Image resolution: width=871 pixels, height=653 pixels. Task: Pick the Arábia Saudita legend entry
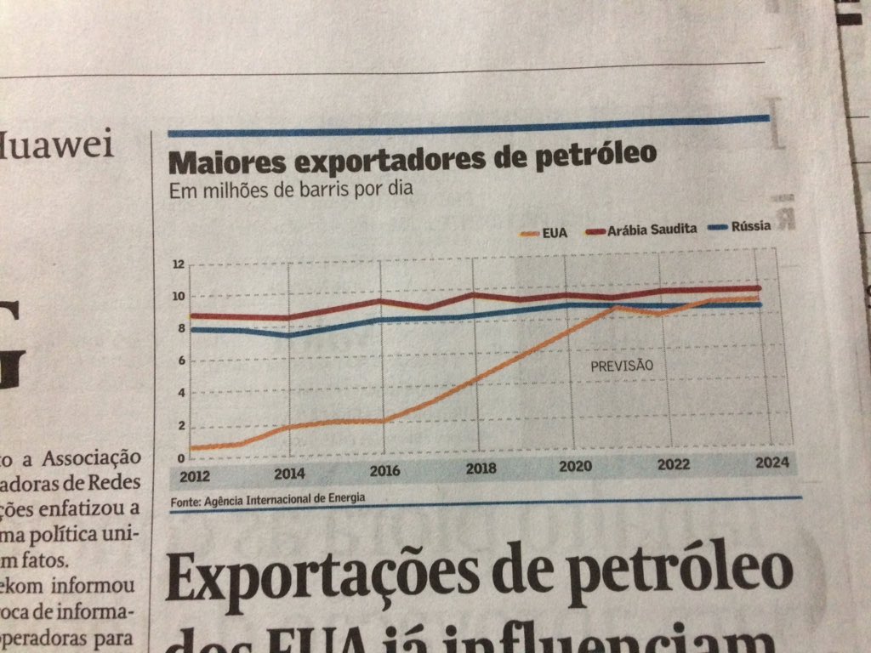[652, 229]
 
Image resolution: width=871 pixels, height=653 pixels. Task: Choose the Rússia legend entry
[752, 226]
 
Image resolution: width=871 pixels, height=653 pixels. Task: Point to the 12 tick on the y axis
[178, 264]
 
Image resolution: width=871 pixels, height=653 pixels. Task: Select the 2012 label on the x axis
[195, 474]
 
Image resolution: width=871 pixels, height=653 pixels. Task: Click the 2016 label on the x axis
[385, 470]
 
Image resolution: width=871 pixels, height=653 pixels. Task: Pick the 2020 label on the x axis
[575, 467]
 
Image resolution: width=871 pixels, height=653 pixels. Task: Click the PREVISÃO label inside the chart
[621, 366]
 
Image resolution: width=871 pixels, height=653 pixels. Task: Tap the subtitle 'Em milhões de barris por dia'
[291, 190]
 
